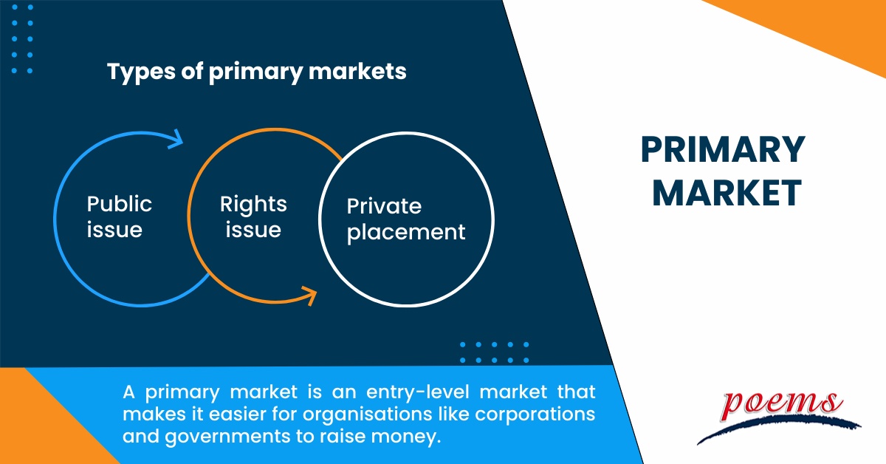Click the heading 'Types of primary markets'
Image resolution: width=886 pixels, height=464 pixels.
click(x=256, y=72)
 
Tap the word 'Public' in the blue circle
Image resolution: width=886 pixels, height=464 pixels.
click(x=119, y=204)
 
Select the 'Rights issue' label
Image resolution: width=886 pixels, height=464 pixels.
click(x=253, y=216)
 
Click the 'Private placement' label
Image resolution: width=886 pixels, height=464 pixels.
click(x=406, y=219)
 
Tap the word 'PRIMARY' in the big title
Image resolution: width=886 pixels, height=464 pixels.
click(x=722, y=151)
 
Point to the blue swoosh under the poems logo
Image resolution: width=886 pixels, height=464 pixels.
click(x=775, y=427)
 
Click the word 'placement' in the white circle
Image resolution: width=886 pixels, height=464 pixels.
click(x=406, y=232)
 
